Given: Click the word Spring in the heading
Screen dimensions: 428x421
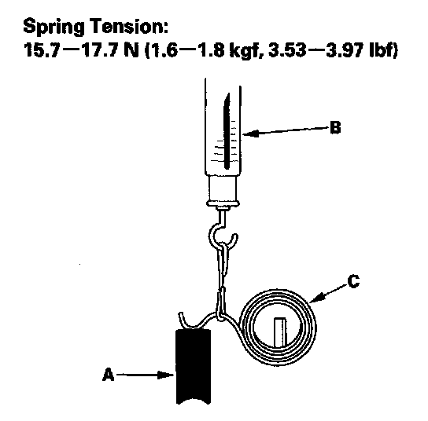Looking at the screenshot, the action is (x=53, y=27).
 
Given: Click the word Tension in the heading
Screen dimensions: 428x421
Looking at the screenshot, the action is (x=127, y=26).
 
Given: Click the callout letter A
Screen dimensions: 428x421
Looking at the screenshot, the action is (x=108, y=375).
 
